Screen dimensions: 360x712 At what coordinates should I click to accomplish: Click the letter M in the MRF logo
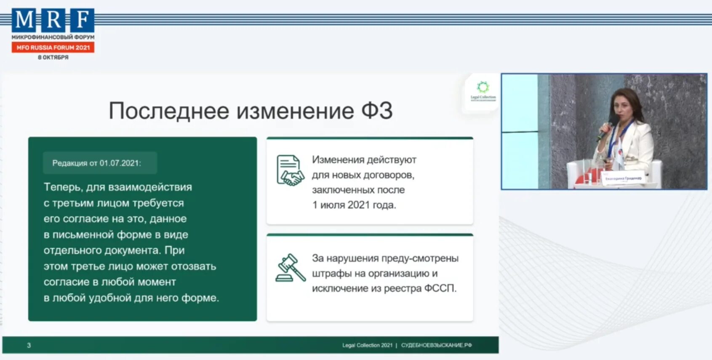(24, 20)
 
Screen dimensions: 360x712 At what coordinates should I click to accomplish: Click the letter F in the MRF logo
(83, 20)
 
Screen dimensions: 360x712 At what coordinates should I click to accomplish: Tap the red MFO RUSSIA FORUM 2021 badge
(53, 48)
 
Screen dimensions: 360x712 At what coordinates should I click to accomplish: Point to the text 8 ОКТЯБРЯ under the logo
(53, 57)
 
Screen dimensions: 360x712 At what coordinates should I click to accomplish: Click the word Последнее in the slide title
(170, 111)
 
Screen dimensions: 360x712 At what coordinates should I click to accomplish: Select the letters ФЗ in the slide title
(377, 111)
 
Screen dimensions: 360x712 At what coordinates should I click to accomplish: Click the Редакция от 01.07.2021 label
(97, 163)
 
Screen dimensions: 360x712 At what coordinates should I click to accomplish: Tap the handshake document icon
(290, 171)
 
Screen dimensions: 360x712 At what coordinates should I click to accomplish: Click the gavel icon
(290, 268)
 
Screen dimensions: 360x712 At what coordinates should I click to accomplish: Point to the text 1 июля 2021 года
(354, 205)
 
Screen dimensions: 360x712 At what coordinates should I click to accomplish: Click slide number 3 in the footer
(29, 345)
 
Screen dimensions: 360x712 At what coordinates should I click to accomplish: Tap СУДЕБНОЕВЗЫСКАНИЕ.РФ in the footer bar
(436, 345)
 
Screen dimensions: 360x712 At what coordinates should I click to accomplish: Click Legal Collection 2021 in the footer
(367, 345)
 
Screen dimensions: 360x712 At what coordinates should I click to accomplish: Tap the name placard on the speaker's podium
(623, 179)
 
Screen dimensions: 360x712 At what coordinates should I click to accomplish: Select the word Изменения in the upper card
(338, 160)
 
